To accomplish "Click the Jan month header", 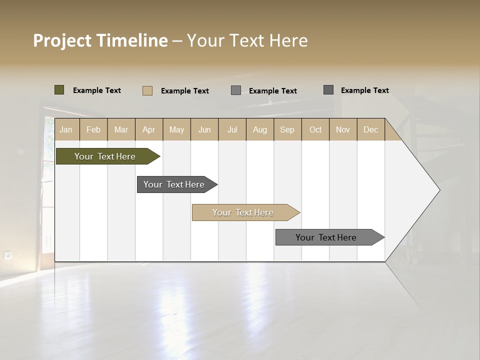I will pos(66,130).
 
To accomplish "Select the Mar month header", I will pos(121,130).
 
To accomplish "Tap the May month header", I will pos(176,130).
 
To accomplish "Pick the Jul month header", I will pos(232,130).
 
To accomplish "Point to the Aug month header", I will pos(259,130).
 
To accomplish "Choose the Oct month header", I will pos(315,130).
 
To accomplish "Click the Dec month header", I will pos(370,130).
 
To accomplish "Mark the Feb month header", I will pos(93,130).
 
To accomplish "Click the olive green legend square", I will pos(59,90).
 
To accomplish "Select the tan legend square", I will pos(147,90).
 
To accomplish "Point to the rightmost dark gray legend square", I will pos(328,90).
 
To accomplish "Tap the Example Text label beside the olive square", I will pos(97,90).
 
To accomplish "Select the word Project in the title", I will pos(62,40).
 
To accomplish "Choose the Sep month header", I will pos(287,130).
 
